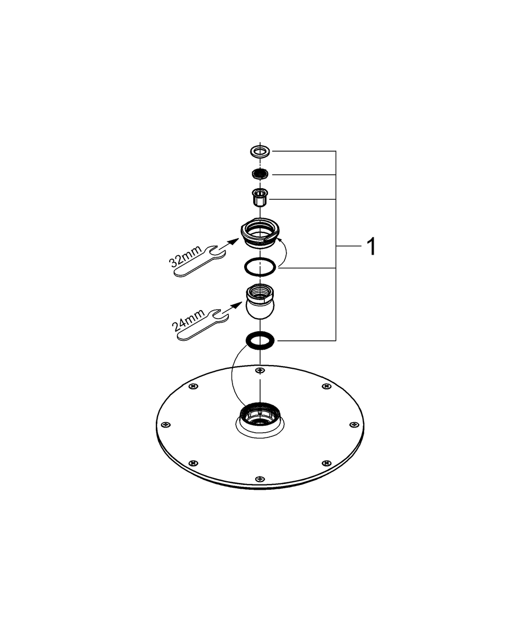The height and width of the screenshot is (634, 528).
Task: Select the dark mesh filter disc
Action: point(260,174)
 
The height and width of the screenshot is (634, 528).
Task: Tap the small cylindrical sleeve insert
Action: point(260,197)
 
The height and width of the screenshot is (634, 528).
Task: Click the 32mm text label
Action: point(186,256)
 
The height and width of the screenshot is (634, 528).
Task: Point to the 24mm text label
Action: point(188,320)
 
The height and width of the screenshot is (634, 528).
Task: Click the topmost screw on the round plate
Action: point(258,370)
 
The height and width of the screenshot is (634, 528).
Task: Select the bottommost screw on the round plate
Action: point(258,479)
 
